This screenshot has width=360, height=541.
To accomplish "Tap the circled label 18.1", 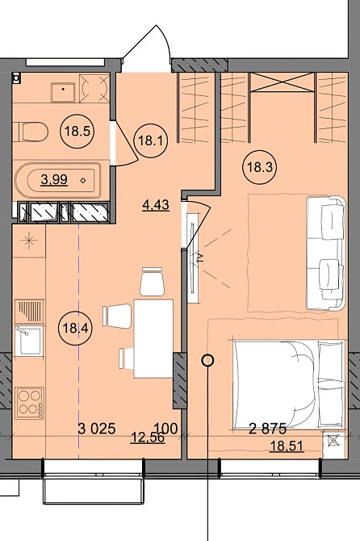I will pyautogui.click(x=149, y=138).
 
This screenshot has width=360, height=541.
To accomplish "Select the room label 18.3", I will pyautogui.click(x=257, y=168).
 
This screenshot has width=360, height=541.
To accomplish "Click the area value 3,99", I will pyautogui.click(x=53, y=179).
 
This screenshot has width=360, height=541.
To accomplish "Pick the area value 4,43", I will pyautogui.click(x=154, y=205).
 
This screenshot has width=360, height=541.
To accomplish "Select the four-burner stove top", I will pyautogui.click(x=31, y=402).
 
